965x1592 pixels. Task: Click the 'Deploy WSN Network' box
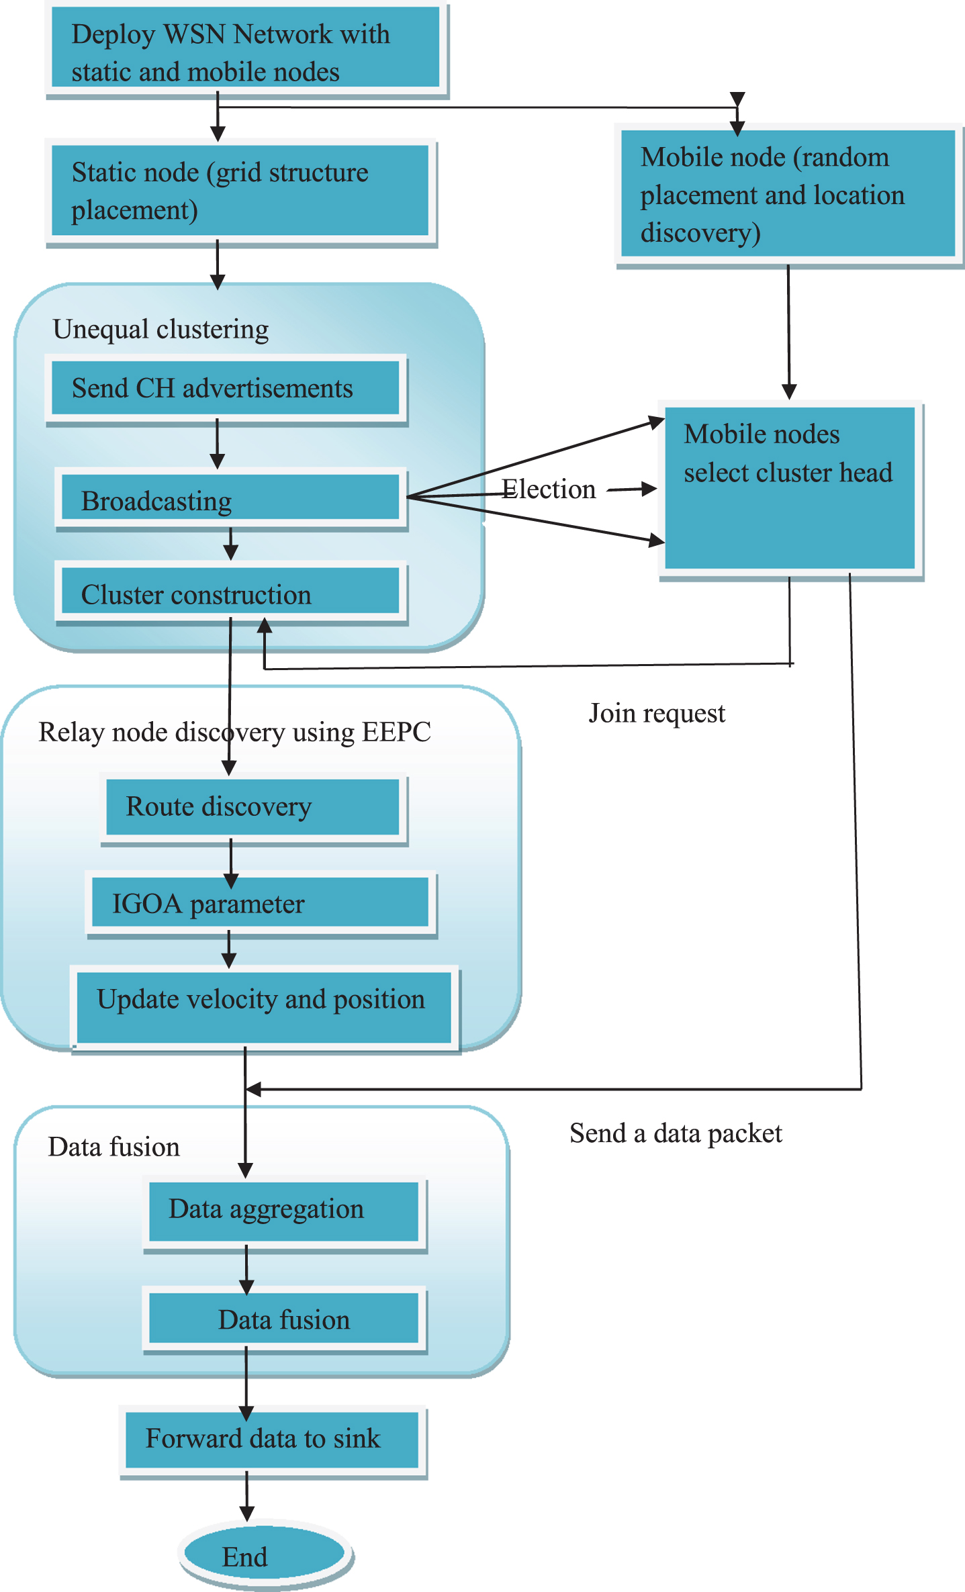point(246,50)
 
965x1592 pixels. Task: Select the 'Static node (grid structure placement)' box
point(241,193)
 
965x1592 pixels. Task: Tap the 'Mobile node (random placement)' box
point(789,195)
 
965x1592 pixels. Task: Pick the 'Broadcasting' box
point(232,500)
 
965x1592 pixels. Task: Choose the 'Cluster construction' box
point(232,592)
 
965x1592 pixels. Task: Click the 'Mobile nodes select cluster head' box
point(791,490)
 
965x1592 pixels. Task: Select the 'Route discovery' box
point(254,808)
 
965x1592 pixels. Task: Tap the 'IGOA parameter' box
point(261,904)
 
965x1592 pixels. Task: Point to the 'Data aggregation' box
point(285,1213)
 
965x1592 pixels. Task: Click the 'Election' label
point(549,489)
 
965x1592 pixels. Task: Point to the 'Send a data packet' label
point(676,1134)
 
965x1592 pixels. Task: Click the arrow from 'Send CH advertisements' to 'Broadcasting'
point(217,444)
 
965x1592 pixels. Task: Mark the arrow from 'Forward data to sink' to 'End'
point(246,1496)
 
